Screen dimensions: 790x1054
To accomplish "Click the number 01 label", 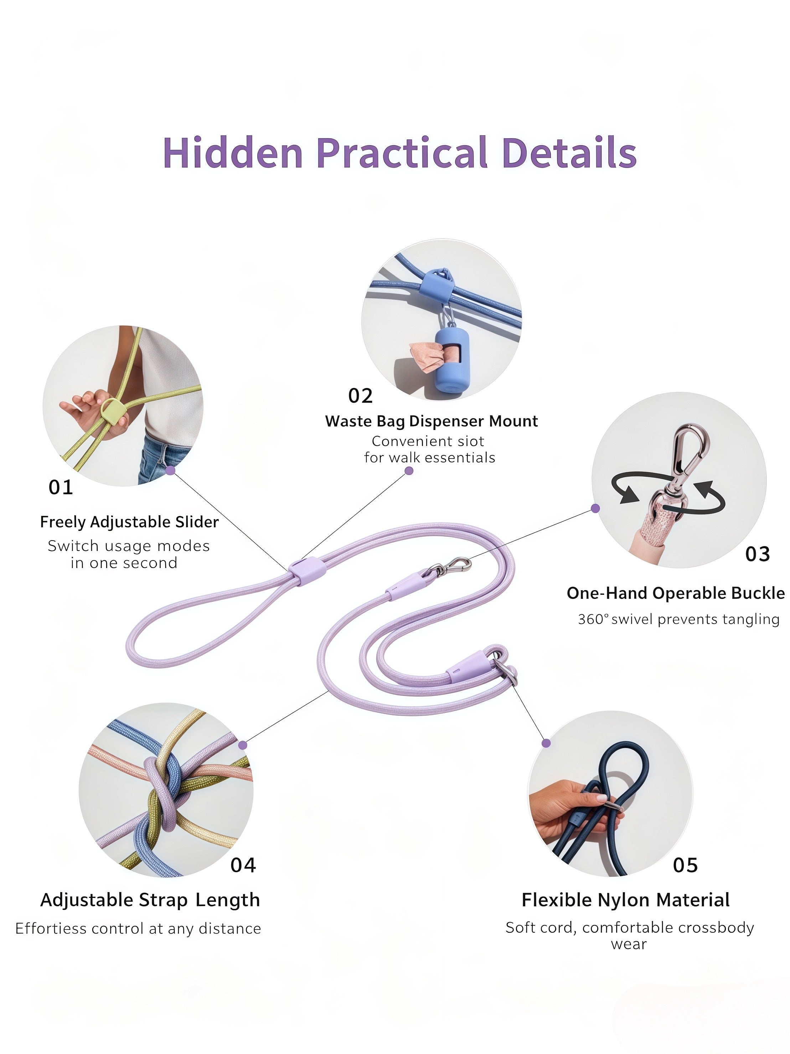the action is (x=61, y=487).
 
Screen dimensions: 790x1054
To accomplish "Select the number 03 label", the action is (x=757, y=554).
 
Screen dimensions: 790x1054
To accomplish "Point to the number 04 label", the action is (x=243, y=865).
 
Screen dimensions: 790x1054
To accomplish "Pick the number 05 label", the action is (x=685, y=865).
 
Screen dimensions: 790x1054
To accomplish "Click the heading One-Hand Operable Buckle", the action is (x=675, y=593).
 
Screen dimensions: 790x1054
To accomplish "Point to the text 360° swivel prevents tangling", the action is (x=678, y=619).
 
